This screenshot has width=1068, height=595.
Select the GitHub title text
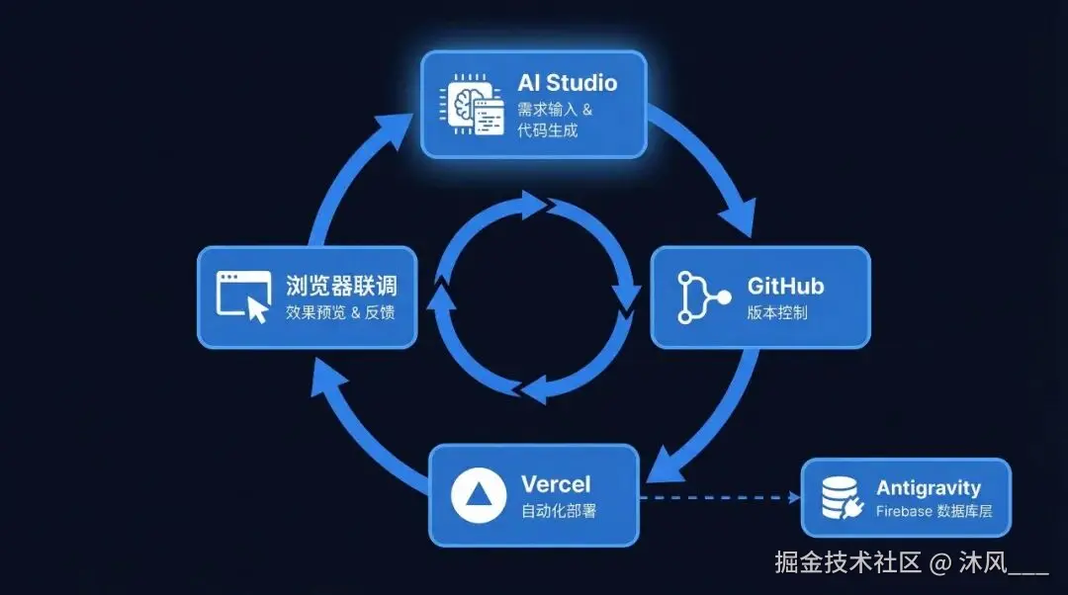coord(785,287)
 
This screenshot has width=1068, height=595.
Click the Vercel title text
coord(556,484)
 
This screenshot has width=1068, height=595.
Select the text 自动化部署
coord(559,512)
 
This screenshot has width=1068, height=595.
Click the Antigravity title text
coord(928,488)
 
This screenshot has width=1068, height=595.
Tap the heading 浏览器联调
coord(341,287)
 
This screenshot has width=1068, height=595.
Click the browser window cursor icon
coord(243,297)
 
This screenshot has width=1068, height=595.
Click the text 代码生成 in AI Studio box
coord(547,129)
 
